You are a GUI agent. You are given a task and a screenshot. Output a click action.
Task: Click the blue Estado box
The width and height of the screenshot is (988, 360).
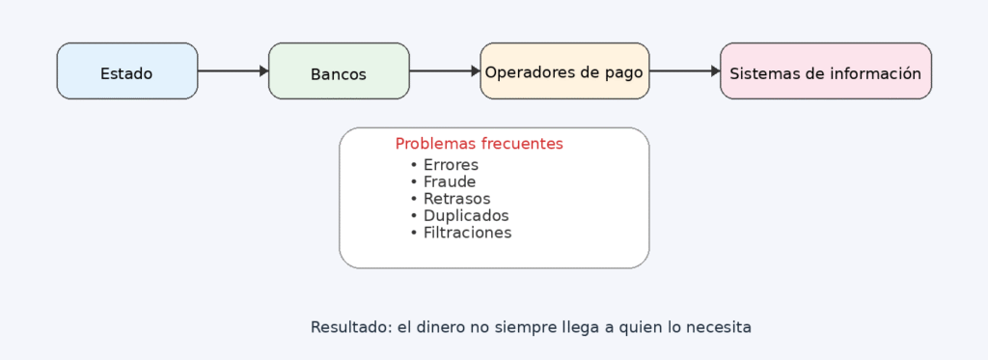pyautogui.click(x=127, y=71)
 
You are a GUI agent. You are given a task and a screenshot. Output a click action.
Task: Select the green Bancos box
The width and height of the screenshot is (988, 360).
pyautogui.click(x=339, y=71)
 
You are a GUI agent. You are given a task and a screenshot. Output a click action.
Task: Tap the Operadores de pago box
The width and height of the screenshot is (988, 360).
pyautogui.click(x=564, y=71)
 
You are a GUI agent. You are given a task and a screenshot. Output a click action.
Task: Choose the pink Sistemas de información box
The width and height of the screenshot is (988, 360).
pyautogui.click(x=825, y=71)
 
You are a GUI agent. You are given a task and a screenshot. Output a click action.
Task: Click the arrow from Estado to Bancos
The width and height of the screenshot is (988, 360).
pyautogui.click(x=233, y=70)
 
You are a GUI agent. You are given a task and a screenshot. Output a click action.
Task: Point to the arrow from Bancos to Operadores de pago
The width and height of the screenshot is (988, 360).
pyautogui.click(x=445, y=70)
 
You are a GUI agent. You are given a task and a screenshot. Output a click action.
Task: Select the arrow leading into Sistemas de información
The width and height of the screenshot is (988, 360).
pyautogui.click(x=685, y=70)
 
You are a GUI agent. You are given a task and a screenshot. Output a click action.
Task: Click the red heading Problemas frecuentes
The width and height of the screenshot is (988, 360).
pyautogui.click(x=479, y=144)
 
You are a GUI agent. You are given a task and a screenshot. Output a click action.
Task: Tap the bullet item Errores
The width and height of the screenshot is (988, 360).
pyautogui.click(x=451, y=165)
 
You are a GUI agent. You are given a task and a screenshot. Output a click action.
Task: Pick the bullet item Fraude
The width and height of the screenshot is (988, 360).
pyautogui.click(x=449, y=181)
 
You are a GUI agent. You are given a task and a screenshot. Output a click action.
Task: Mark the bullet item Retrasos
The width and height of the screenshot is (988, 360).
pyautogui.click(x=456, y=199)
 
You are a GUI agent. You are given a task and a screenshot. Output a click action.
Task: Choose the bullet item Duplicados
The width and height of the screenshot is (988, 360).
pyautogui.click(x=465, y=215)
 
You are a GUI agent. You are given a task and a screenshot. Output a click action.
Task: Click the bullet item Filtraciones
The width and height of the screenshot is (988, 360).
pyautogui.click(x=467, y=233)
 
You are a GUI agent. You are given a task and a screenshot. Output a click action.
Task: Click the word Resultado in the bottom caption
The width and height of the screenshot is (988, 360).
pyautogui.click(x=349, y=327)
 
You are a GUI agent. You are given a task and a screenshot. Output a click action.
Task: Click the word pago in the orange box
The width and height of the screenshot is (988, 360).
pyautogui.click(x=624, y=72)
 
